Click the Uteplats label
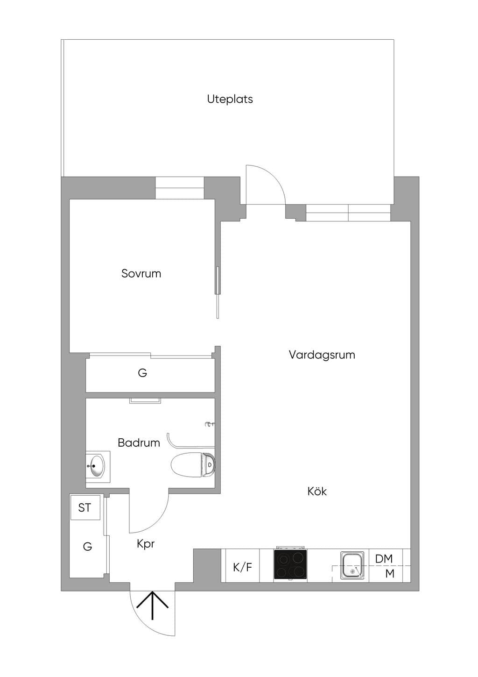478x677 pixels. tap(230, 99)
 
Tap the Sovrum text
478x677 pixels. tap(141, 273)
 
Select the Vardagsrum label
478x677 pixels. tap(322, 355)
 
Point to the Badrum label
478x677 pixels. tap(139, 443)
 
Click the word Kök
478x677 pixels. tap(317, 491)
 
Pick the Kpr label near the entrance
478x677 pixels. tap(146, 544)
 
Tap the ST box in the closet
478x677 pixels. tap(85, 507)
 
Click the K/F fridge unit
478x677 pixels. tap(242, 568)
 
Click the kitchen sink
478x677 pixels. tap(352, 565)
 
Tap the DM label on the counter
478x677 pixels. tap(384, 559)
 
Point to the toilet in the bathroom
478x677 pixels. tap(193, 464)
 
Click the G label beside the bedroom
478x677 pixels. tap(142, 373)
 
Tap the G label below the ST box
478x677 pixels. tap(87, 547)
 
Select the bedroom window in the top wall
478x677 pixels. tap(180, 188)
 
